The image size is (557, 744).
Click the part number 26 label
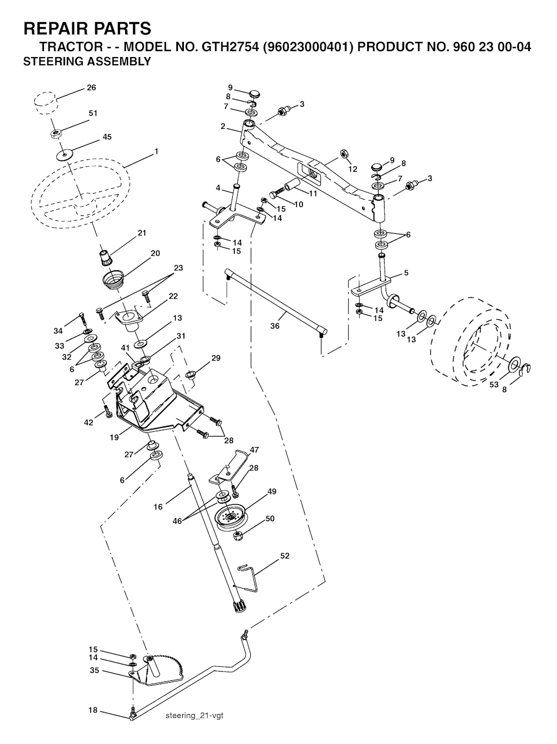(x=91, y=88)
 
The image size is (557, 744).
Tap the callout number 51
(x=93, y=113)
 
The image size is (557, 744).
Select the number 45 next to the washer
(x=107, y=137)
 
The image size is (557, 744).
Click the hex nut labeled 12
(x=343, y=154)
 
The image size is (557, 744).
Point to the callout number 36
(x=275, y=326)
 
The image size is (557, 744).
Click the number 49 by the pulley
(x=272, y=492)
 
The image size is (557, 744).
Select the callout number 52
(x=285, y=556)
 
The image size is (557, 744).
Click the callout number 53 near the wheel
(x=494, y=385)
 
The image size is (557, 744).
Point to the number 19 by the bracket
(x=114, y=437)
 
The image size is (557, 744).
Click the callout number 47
(x=254, y=450)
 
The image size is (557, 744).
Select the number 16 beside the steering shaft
(x=158, y=507)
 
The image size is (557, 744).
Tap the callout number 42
(x=89, y=423)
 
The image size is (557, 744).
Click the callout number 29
(x=216, y=358)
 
